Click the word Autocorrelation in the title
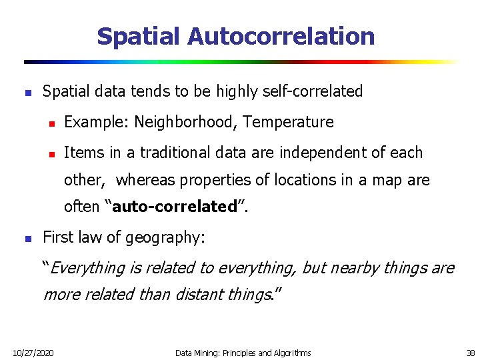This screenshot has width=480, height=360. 281,36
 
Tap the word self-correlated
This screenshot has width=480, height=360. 315,91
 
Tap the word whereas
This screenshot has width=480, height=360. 143,180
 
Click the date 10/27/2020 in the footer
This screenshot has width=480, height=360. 33,353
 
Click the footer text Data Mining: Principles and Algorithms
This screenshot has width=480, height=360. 243,353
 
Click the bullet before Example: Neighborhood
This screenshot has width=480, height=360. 50,123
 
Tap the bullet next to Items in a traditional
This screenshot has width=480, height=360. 50,153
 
